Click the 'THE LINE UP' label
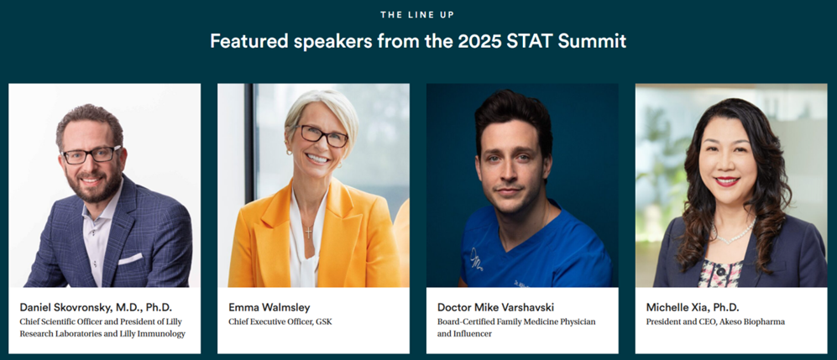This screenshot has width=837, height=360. tap(417, 15)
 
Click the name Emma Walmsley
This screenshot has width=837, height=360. tap(269, 307)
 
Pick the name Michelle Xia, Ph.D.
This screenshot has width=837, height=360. tap(693, 307)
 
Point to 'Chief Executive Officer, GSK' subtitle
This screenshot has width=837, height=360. tap(280, 321)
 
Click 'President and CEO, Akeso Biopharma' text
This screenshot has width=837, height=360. tap(715, 321)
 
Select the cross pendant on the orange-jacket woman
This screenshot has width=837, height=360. tap(308, 232)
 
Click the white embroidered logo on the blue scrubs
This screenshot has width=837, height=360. tap(477, 261)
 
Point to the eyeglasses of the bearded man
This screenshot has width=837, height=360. tap(92, 154)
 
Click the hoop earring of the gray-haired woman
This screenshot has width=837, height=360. tap(290, 152)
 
